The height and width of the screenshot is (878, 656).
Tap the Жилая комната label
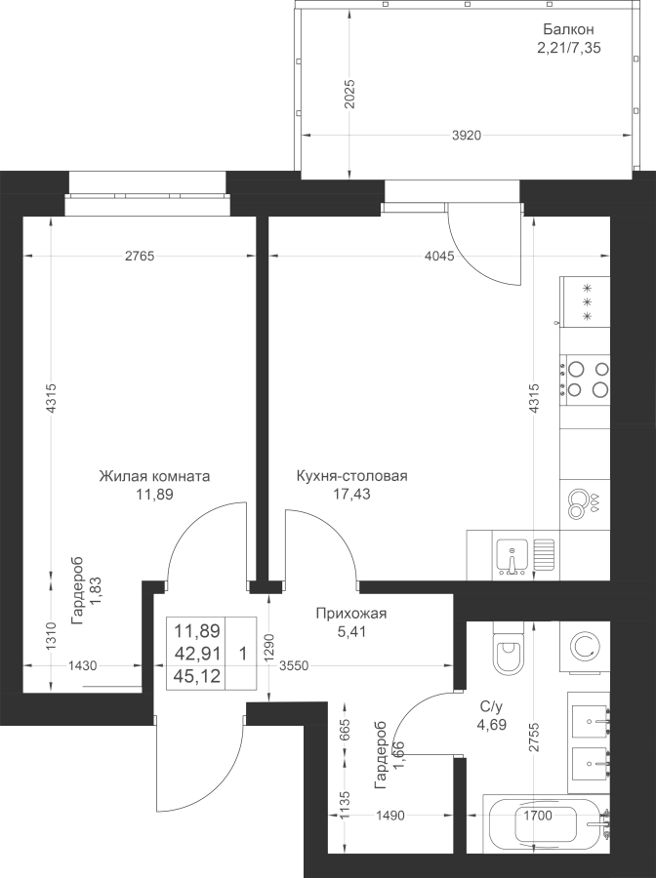coord(153,477)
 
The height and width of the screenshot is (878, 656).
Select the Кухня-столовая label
coord(351,477)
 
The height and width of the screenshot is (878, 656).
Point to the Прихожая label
coord(351,614)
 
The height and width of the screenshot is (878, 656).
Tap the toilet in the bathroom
coord(510,651)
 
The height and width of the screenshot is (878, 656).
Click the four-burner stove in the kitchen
coord(586,379)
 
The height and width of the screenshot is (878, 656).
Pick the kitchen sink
coord(512,554)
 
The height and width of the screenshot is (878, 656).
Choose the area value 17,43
coord(351,495)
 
